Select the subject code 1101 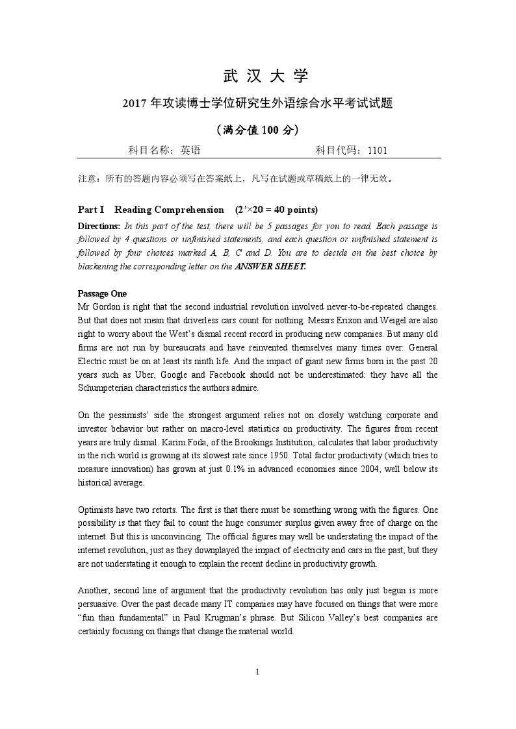(x=377, y=150)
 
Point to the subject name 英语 (x=190, y=150)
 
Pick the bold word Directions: (x=99, y=227)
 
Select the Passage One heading (x=102, y=293)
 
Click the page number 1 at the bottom (x=258, y=671)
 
